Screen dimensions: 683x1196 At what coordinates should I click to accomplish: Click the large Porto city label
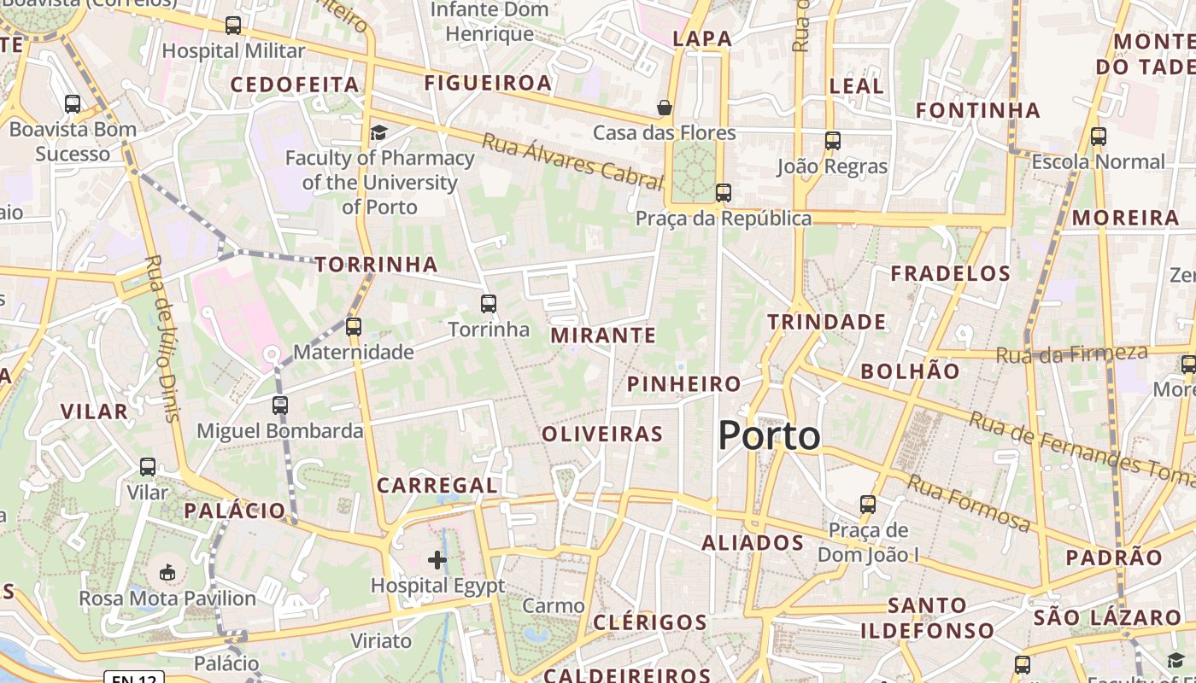click(769, 436)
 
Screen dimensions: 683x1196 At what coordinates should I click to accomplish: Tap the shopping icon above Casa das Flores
click(665, 108)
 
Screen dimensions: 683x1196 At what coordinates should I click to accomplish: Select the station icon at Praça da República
click(724, 193)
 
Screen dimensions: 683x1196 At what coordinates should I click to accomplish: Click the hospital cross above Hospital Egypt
click(437, 560)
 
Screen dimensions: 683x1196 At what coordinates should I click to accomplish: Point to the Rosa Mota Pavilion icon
click(167, 572)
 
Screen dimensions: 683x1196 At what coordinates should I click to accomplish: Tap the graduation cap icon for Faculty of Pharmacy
click(378, 132)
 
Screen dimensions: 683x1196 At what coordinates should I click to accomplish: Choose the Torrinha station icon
click(489, 303)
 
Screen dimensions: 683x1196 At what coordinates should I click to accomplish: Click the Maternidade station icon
click(354, 326)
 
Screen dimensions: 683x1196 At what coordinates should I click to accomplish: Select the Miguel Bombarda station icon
click(280, 406)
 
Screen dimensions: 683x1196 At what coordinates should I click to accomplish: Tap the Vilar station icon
click(148, 467)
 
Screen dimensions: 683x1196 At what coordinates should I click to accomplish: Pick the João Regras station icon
click(833, 141)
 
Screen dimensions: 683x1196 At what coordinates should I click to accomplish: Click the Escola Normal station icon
click(1099, 137)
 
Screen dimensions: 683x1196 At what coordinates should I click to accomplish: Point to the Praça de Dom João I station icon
click(868, 505)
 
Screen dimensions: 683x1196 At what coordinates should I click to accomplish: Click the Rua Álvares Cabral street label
click(572, 161)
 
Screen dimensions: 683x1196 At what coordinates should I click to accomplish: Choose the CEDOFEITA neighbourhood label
click(295, 85)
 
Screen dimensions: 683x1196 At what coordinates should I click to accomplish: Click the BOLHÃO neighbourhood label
click(911, 371)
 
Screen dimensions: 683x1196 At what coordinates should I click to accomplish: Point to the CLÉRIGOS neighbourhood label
click(650, 622)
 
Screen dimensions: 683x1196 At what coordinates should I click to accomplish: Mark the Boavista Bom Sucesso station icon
click(73, 104)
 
